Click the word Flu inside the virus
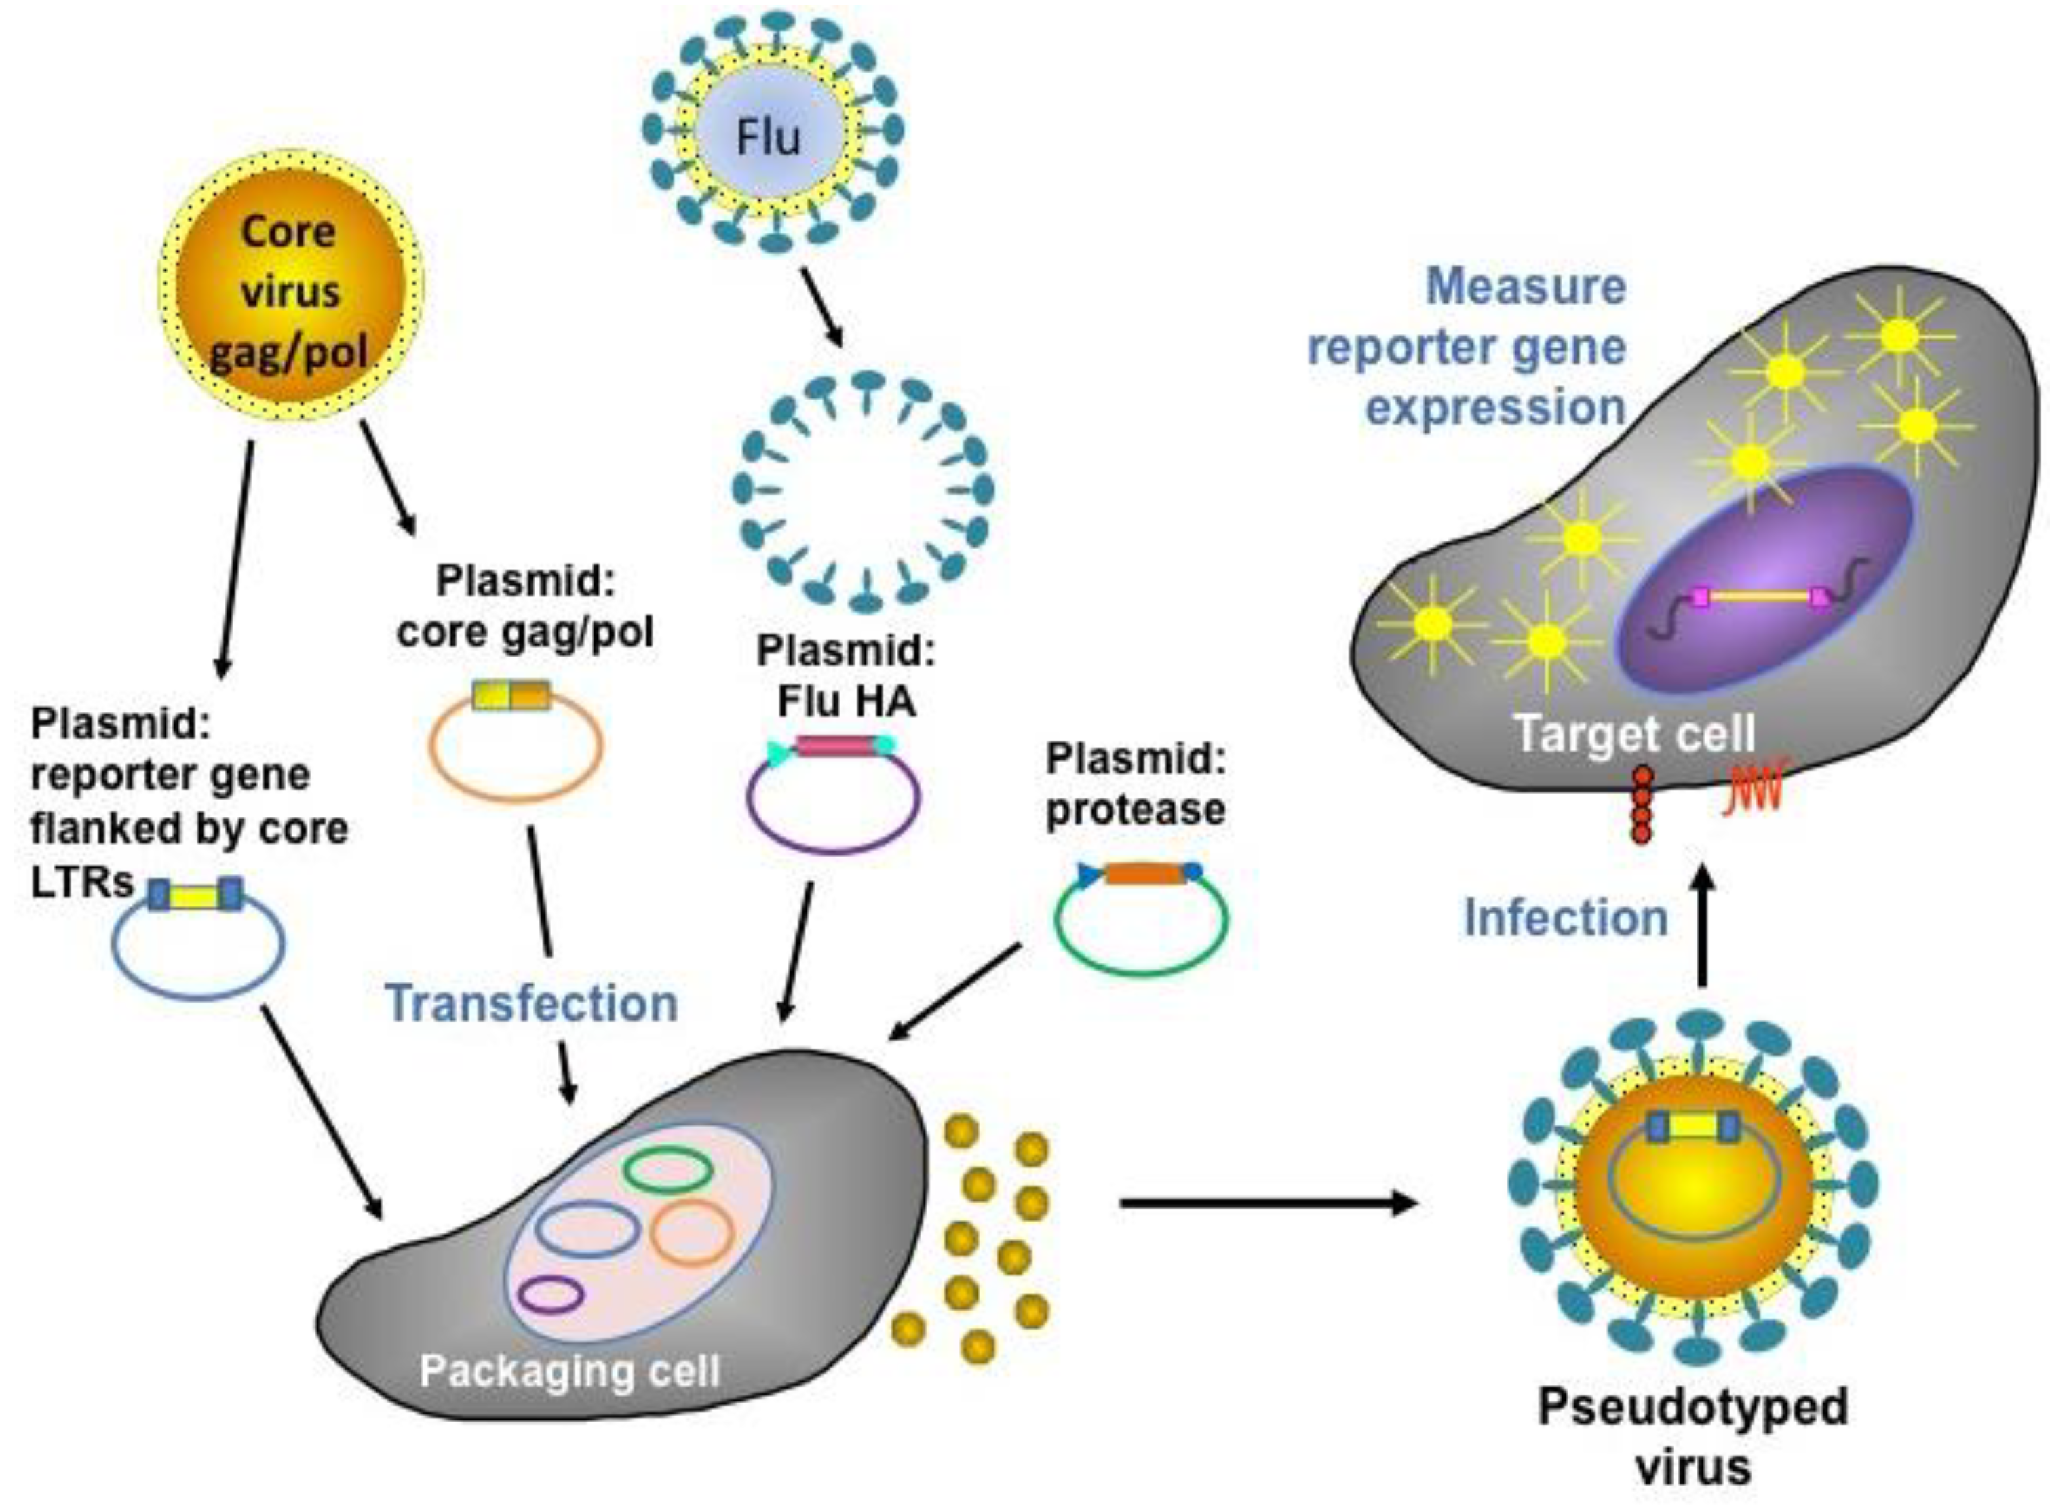tap(768, 137)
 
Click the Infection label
tap(1566, 918)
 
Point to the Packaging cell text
tap(569, 1371)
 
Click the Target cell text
tap(1634, 734)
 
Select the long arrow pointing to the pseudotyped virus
tap(1266, 1203)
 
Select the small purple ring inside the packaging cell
tap(550, 1294)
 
